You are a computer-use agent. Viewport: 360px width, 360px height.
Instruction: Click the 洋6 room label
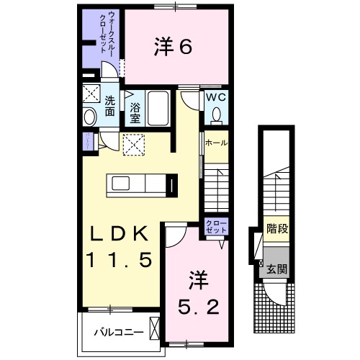tap(172, 47)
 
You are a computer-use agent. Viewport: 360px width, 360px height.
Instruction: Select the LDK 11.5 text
tap(120, 247)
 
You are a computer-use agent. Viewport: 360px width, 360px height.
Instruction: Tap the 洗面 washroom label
tap(109, 106)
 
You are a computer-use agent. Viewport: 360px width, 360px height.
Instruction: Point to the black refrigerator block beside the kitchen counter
tap(173, 186)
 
